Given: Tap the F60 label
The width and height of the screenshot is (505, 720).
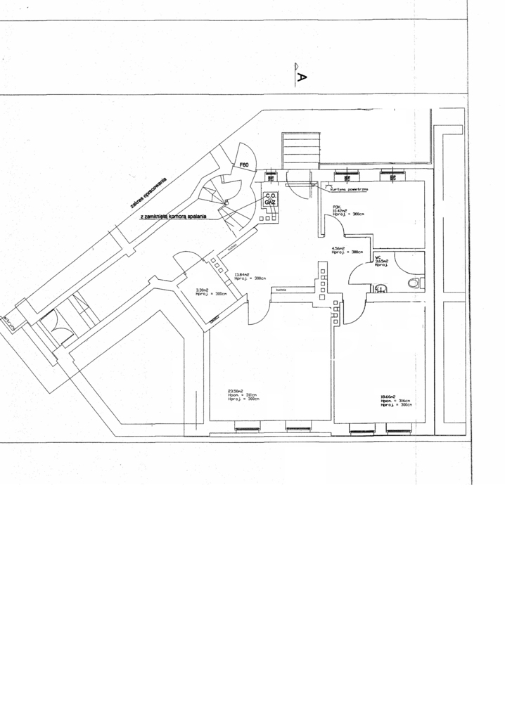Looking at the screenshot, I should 245,165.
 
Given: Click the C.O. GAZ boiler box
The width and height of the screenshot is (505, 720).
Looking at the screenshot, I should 269,199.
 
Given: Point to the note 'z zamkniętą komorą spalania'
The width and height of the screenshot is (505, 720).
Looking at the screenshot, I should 173,217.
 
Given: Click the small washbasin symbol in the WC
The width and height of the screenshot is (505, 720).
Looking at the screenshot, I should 380,288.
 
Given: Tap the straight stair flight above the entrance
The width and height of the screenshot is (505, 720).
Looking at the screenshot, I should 301,150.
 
